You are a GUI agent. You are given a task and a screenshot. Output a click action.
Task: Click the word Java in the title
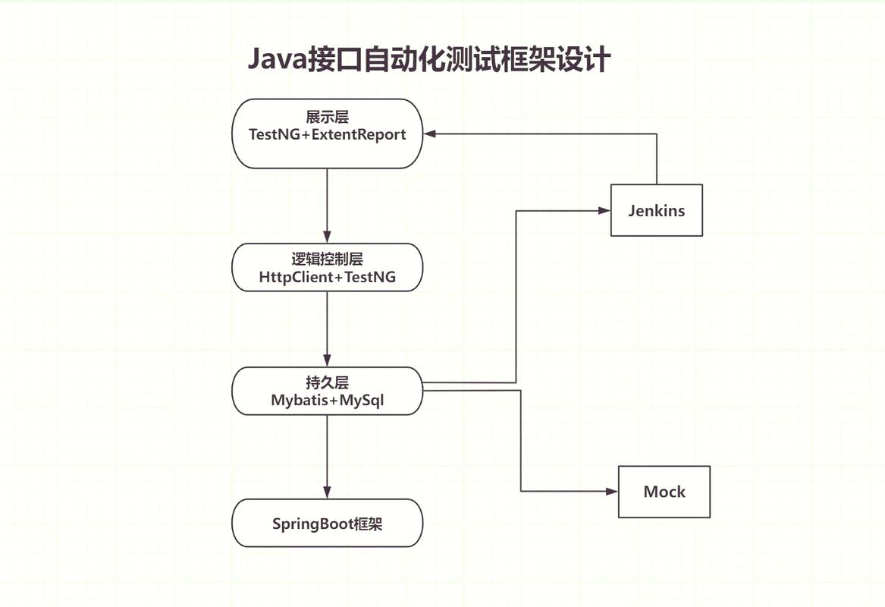tap(276, 59)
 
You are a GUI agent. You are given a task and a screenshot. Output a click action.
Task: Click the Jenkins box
tap(656, 210)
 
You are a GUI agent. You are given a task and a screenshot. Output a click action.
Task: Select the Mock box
tap(664, 492)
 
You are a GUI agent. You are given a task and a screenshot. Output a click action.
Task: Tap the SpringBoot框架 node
tap(327, 523)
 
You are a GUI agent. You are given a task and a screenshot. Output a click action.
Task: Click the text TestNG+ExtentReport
tap(327, 134)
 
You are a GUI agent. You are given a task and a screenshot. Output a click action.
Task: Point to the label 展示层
tap(327, 117)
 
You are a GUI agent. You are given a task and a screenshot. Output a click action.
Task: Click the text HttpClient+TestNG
tap(327, 277)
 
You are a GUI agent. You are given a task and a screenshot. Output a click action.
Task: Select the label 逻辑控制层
tap(327, 259)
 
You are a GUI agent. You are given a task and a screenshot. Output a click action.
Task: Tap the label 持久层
tap(327, 382)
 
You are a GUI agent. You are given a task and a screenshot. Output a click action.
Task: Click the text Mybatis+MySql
tap(327, 400)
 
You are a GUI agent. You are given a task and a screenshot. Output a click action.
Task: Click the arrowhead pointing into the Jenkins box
tap(604, 210)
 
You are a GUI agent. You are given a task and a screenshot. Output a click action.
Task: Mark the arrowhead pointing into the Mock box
tap(613, 492)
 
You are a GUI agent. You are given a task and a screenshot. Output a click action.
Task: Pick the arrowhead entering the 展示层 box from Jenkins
tap(429, 134)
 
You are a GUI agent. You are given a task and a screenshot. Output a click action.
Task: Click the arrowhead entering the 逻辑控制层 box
tap(327, 237)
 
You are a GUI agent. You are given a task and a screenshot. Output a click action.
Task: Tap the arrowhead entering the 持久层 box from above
tap(327, 360)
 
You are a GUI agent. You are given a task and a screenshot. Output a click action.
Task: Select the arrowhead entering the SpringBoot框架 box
tap(327, 492)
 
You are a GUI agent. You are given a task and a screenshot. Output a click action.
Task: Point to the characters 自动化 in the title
tap(392, 59)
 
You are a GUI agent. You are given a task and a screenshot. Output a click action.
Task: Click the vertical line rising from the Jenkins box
tap(656, 159)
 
